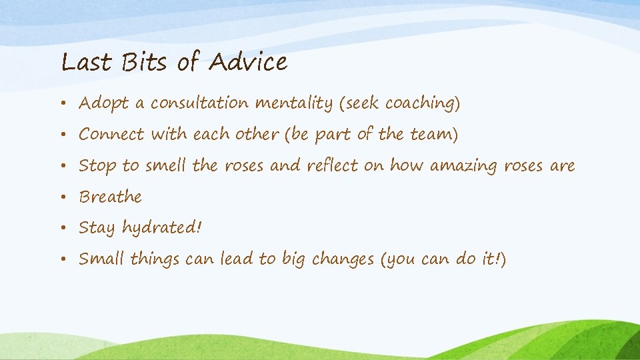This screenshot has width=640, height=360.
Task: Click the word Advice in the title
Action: tap(247, 62)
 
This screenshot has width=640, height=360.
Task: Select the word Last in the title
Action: tap(86, 62)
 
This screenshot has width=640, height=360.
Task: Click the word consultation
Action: tap(199, 103)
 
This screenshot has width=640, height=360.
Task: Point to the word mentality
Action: tap(293, 104)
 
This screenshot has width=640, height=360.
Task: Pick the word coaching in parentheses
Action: tap(419, 104)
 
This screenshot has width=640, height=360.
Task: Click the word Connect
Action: tap(111, 134)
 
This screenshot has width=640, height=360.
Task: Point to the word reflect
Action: tap(333, 165)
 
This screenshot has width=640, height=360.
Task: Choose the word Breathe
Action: tap(111, 197)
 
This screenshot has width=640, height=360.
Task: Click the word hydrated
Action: tap(159, 228)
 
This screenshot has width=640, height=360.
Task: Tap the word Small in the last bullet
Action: tap(102, 259)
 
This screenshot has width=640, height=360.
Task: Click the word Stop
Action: tap(97, 166)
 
